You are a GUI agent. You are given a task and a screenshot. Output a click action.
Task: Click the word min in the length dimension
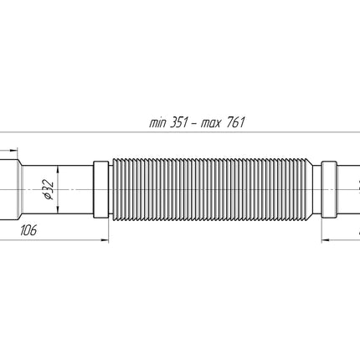click(x=157, y=123)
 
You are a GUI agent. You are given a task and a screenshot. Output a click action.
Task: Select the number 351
click(x=178, y=122)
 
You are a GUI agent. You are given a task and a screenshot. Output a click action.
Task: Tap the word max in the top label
click(x=210, y=124)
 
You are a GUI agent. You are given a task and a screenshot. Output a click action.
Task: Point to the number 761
click(x=235, y=122)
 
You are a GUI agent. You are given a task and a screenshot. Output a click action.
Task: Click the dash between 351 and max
click(x=194, y=123)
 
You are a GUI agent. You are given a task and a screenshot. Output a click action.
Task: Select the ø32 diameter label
click(x=49, y=190)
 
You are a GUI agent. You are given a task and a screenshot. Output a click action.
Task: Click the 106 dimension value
click(x=28, y=230)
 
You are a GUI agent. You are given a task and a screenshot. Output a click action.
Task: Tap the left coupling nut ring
click(x=100, y=189)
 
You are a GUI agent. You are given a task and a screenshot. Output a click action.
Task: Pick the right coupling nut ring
click(x=329, y=189)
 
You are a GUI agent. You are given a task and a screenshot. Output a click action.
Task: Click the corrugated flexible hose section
click(x=212, y=189)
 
